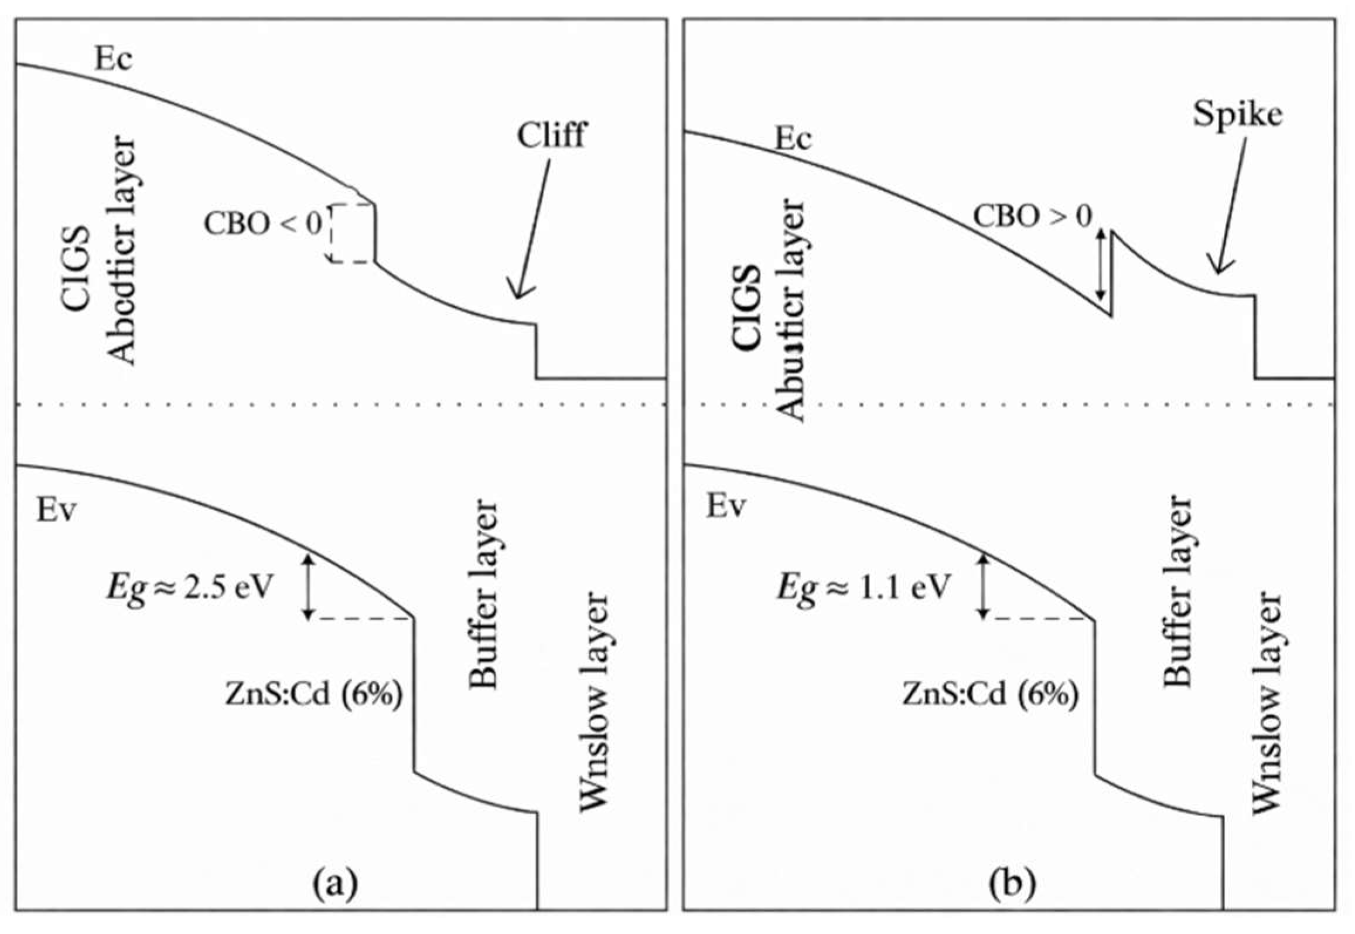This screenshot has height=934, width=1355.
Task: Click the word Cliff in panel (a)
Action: point(551,135)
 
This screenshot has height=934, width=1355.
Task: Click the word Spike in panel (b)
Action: point(1237,115)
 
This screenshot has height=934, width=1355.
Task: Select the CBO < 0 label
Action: point(263,223)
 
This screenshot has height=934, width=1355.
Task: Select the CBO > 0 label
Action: point(1032,216)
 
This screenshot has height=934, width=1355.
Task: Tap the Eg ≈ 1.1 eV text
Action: point(861,587)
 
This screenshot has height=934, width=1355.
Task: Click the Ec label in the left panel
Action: point(114,59)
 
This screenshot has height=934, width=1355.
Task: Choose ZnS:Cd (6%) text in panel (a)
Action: point(313,695)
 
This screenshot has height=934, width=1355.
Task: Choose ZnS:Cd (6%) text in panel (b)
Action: point(989,695)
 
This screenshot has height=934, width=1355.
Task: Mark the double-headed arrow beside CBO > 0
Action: point(1101,264)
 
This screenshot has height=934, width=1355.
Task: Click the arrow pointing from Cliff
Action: point(531,229)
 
